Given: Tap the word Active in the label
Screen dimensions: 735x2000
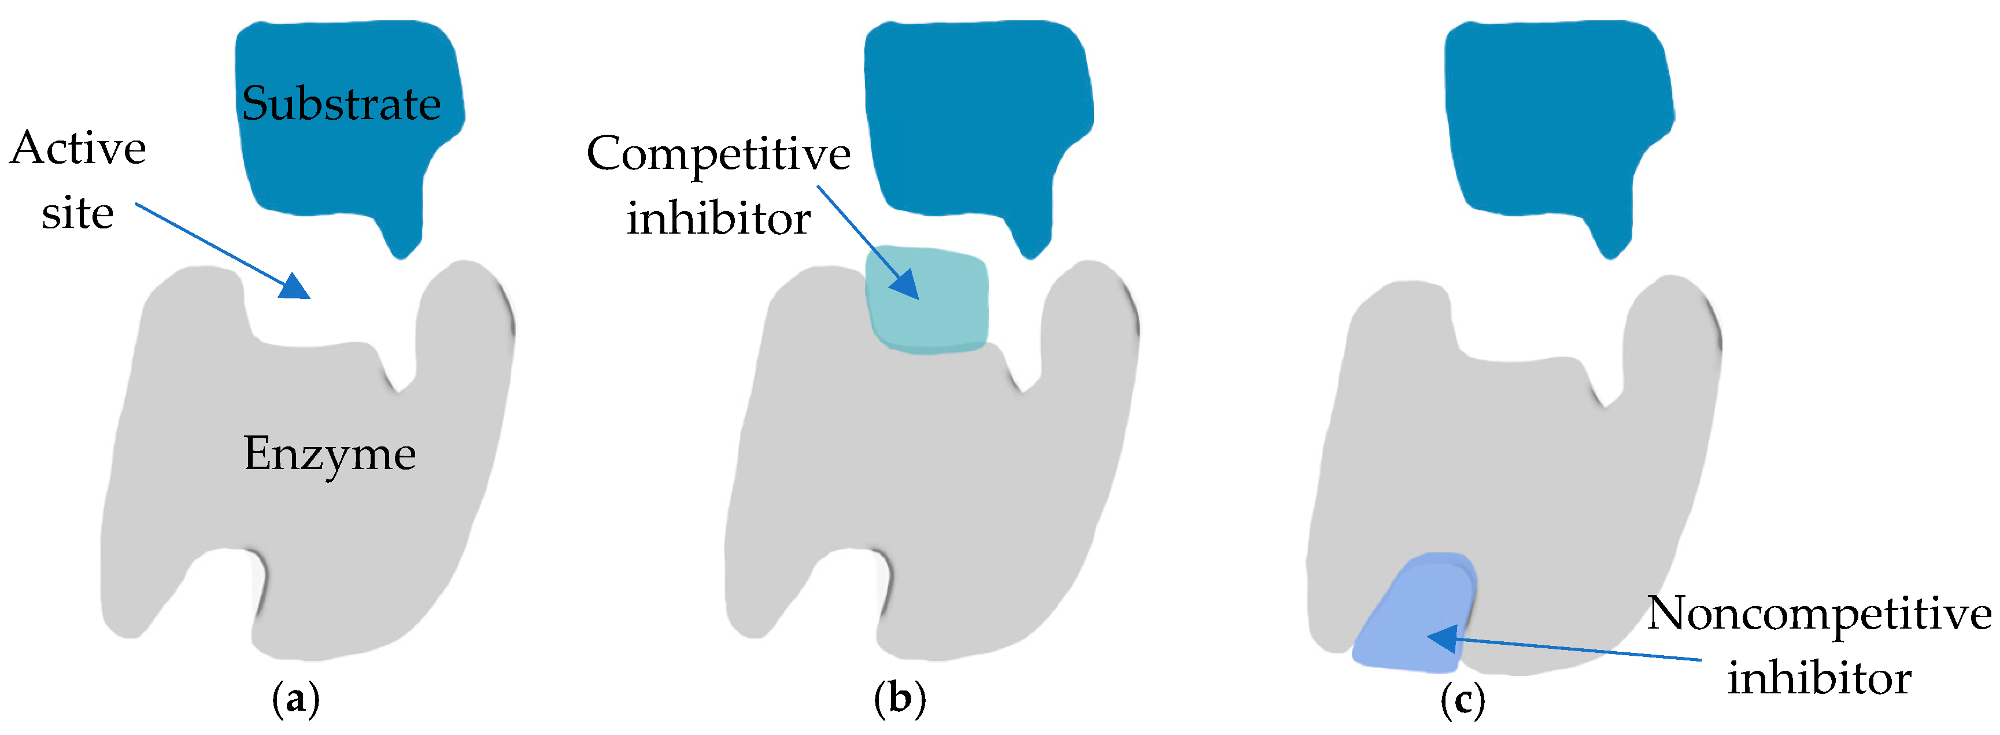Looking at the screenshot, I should coord(77,147).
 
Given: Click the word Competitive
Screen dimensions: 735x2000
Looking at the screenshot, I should coord(718,154).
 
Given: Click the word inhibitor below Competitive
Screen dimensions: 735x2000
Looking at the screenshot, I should coord(718,218).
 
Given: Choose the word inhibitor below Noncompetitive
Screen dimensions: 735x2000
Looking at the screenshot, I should coord(1819,678).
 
